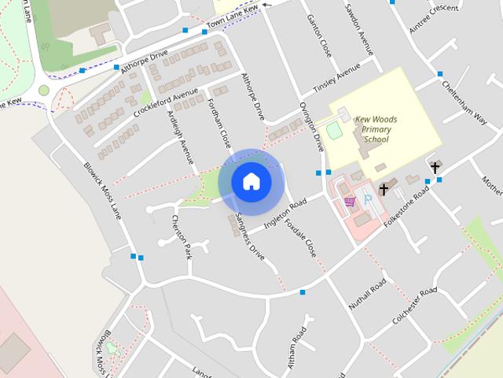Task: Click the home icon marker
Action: coord(251,182)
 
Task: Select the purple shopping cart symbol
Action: coord(350,202)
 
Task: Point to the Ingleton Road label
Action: coord(285,214)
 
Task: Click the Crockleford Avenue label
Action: coord(167,102)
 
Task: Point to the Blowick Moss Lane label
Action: coord(103,191)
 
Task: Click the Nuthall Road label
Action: coord(368,294)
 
